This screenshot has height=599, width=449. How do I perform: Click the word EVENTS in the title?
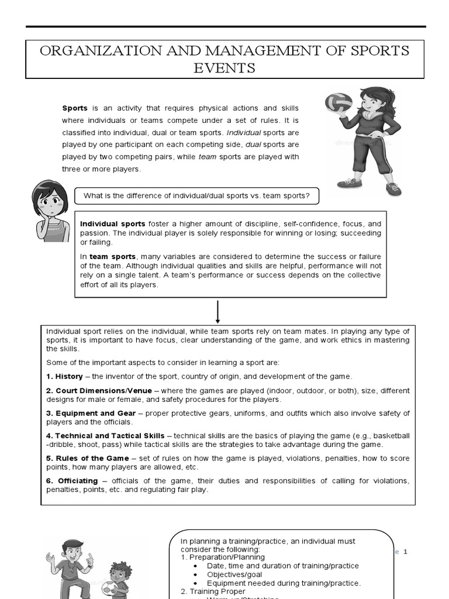tap(224, 68)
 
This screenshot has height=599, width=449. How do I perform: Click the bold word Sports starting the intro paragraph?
tap(75, 108)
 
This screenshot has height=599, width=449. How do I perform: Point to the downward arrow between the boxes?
tap(217, 311)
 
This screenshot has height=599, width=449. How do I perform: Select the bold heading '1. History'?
tap(65, 376)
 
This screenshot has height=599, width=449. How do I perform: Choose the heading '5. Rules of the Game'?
tap(88, 458)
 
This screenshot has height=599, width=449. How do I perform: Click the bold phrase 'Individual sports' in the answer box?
tap(113, 223)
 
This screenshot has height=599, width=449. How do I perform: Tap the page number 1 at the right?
tap(405, 552)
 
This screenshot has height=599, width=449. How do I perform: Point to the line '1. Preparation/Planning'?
tap(222, 557)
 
